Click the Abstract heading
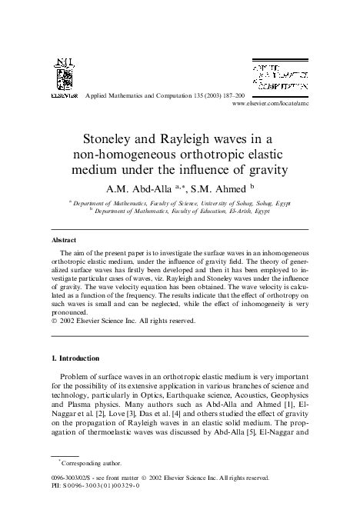tap(62, 240)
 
